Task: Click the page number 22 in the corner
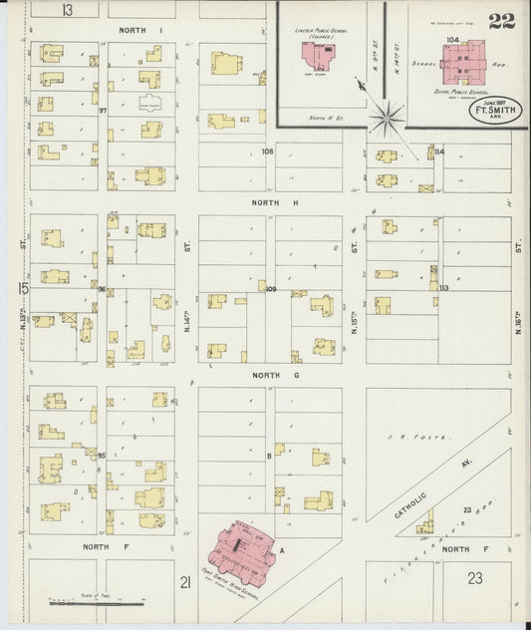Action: click(501, 21)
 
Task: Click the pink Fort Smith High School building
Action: click(239, 548)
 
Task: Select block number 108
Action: click(267, 152)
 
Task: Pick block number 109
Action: click(270, 289)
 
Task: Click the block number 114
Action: click(438, 152)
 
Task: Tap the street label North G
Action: click(269, 375)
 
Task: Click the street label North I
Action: click(139, 31)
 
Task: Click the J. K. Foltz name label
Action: click(432, 437)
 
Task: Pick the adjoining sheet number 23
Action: click(474, 577)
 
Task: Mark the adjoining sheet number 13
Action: click(67, 10)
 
